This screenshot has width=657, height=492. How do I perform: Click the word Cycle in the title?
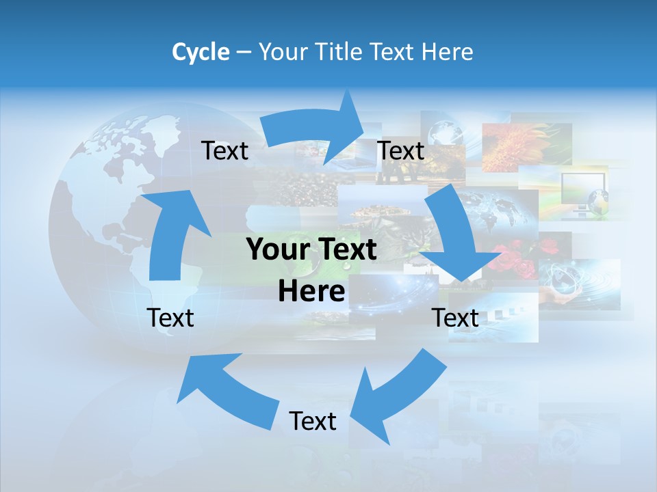coord(201,52)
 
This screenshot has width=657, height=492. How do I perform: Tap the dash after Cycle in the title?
coord(244,53)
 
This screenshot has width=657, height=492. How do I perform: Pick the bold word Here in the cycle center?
coord(311,292)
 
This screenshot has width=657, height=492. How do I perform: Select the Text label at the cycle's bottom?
coord(313,421)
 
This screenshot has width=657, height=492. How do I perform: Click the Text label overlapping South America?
coord(170,318)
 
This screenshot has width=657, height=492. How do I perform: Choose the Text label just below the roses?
coord(455,318)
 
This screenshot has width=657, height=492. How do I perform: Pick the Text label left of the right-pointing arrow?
coord(224,150)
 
